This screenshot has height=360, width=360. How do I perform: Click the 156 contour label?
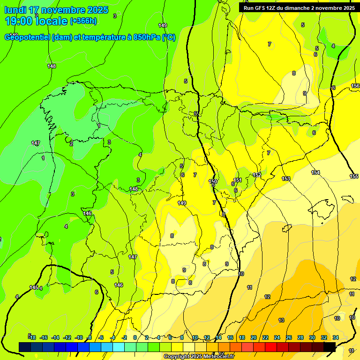tap(355, 86)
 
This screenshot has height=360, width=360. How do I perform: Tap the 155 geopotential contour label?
tap(354, 176)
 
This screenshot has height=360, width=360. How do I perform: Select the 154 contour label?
tap(315, 172)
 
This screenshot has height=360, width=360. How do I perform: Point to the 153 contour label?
tap(286, 179)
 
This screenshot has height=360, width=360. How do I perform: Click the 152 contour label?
tap(257, 175)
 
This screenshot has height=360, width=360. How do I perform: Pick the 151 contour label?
tap(238, 180)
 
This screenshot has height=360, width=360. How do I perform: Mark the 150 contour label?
tap(213, 181)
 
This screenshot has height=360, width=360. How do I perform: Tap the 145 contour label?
tap(34, 287)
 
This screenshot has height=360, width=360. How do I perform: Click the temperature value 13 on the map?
tap(281, 320)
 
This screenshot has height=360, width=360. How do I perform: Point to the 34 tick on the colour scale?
tap(336, 337)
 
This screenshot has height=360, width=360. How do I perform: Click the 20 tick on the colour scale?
tap(254, 337)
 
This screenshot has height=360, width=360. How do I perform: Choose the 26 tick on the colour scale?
tap(289, 337)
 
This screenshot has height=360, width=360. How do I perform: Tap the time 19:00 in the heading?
tap(20, 21)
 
